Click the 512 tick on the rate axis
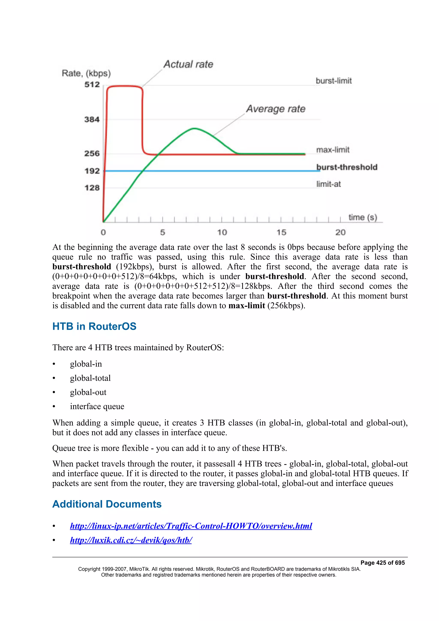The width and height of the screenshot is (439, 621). (x=92, y=85)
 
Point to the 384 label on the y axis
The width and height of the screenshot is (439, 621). (x=92, y=119)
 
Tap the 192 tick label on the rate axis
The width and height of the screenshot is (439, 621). (x=92, y=171)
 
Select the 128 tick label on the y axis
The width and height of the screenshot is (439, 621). (x=92, y=188)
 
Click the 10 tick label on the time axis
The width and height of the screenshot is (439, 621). (x=222, y=232)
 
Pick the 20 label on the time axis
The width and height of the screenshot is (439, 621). (x=340, y=232)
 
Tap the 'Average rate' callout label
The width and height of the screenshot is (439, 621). (x=276, y=109)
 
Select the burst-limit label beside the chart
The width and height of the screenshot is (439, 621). (x=334, y=81)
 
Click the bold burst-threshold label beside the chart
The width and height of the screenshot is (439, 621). (x=347, y=167)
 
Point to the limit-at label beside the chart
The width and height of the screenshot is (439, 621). (x=328, y=184)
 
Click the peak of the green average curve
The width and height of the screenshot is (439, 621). (x=194, y=128)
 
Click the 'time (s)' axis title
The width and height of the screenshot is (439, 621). (x=362, y=217)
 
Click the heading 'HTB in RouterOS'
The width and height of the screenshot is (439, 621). (x=94, y=326)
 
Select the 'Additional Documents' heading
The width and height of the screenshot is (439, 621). (x=107, y=504)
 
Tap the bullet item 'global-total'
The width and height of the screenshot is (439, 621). (x=90, y=378)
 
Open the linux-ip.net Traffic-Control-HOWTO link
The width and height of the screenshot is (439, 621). (x=191, y=526)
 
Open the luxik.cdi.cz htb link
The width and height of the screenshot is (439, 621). (x=131, y=540)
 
